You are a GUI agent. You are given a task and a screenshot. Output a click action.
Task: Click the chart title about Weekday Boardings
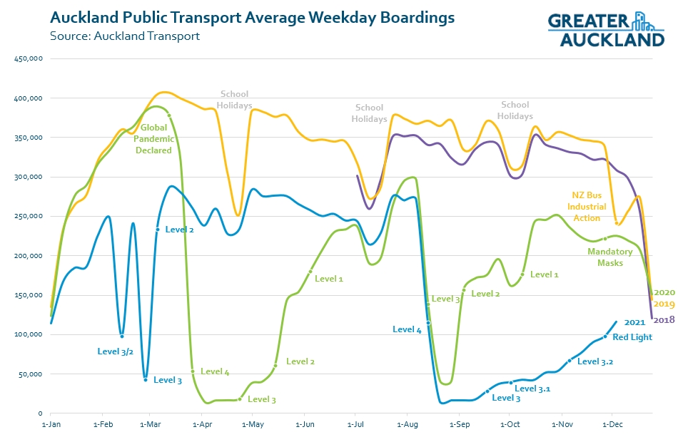[x=252, y=17]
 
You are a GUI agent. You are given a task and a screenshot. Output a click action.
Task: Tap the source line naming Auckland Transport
[x=125, y=36]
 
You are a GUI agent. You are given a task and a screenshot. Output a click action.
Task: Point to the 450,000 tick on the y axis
[x=29, y=58]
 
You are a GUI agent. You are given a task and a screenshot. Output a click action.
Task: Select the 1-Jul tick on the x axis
[x=355, y=424]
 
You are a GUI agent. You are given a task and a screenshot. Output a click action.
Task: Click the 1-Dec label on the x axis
[x=613, y=424]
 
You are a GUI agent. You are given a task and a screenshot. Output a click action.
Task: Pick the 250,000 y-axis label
[x=29, y=216]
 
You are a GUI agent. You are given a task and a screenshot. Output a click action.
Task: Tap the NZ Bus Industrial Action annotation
[x=587, y=206]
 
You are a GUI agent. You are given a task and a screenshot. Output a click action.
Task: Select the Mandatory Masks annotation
[x=609, y=257]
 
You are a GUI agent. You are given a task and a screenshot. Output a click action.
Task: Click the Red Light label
[x=632, y=337]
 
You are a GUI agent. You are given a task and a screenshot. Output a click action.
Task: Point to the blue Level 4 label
[x=407, y=329]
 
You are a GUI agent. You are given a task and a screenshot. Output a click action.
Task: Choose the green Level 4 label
[x=215, y=371]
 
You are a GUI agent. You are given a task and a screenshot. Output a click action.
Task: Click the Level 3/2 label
[x=116, y=351]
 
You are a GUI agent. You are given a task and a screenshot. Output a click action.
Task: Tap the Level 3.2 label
[x=595, y=361]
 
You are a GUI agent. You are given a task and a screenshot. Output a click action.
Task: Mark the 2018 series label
[x=664, y=319]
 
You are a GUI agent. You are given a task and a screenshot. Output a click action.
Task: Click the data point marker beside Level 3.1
[x=511, y=383]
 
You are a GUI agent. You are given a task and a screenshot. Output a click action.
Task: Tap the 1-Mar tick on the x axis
[x=148, y=424]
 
